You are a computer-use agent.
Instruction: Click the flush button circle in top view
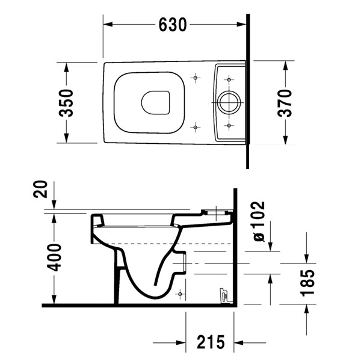[229, 102]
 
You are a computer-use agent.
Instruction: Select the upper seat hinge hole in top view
[196, 78]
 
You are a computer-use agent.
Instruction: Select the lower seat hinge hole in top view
[196, 126]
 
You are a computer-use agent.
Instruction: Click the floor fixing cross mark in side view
[179, 293]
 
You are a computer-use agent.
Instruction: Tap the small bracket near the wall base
[223, 294]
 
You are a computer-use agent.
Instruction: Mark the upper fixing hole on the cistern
[229, 78]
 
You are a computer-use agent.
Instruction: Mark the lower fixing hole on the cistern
[229, 126]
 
